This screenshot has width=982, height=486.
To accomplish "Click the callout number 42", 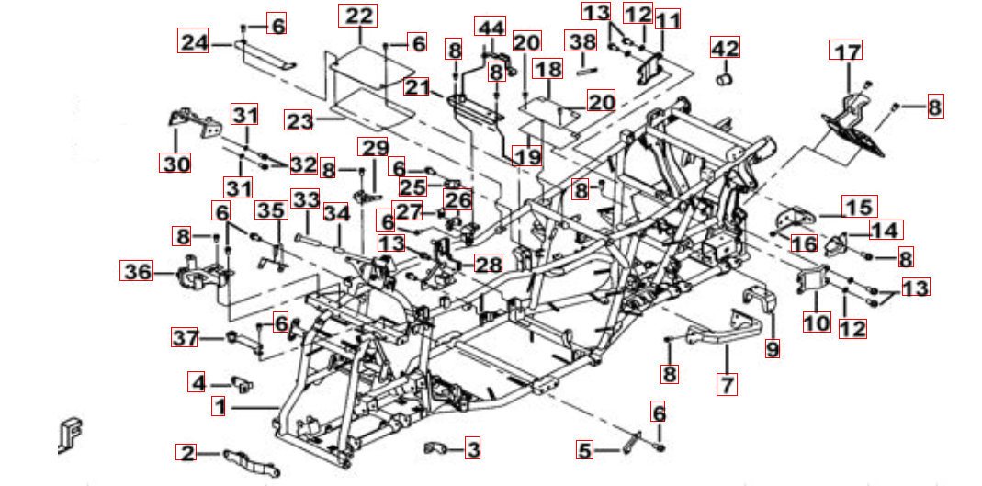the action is click(x=725, y=47).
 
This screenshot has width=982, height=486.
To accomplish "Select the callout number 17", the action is click(x=845, y=50).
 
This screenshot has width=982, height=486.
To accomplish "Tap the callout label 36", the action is click(x=137, y=271).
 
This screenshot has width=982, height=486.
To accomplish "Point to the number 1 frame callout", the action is click(x=219, y=407).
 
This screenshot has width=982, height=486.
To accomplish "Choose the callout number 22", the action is click(x=358, y=16).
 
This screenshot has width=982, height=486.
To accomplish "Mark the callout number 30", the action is click(x=175, y=164).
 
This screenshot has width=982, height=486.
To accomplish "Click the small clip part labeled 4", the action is click(x=243, y=384).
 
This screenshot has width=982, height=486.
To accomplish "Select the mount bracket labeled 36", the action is click(x=202, y=273).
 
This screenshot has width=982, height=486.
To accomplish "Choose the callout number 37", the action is click(x=185, y=338).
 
